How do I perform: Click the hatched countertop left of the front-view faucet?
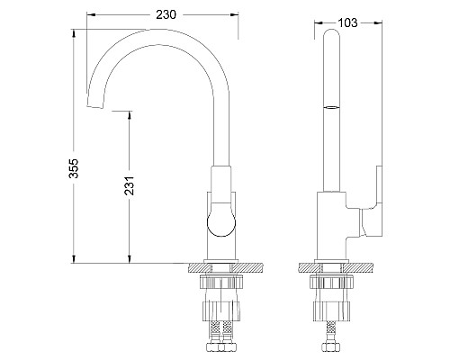pos(197,268)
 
